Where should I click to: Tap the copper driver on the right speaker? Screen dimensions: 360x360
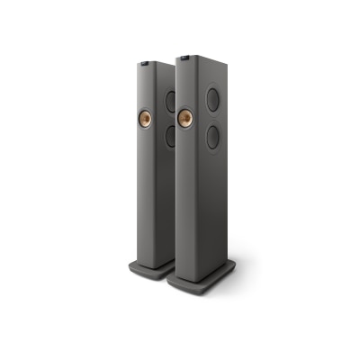pyautogui.click(x=186, y=118)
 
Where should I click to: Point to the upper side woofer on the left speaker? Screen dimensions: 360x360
pyautogui.click(x=172, y=100)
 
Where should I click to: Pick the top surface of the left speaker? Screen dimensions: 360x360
pyautogui.click(x=155, y=60)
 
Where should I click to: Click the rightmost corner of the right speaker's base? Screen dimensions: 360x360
pyautogui.click(x=237, y=266)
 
